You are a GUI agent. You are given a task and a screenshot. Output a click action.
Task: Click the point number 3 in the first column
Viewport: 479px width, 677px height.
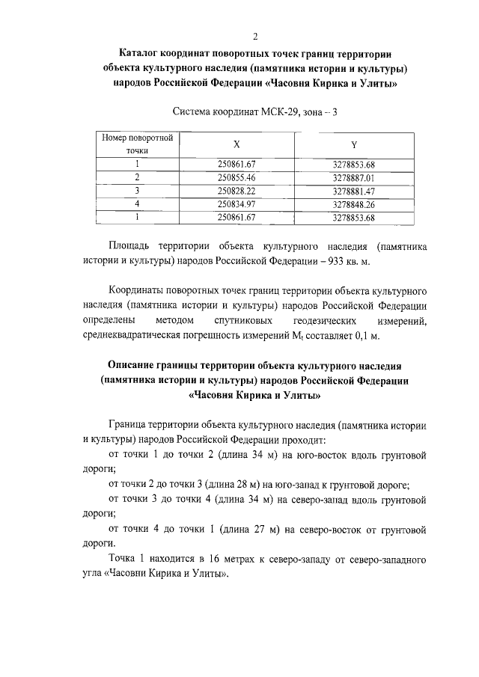click(x=137, y=191)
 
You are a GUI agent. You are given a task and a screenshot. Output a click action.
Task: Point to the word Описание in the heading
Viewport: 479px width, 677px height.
click(x=134, y=364)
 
